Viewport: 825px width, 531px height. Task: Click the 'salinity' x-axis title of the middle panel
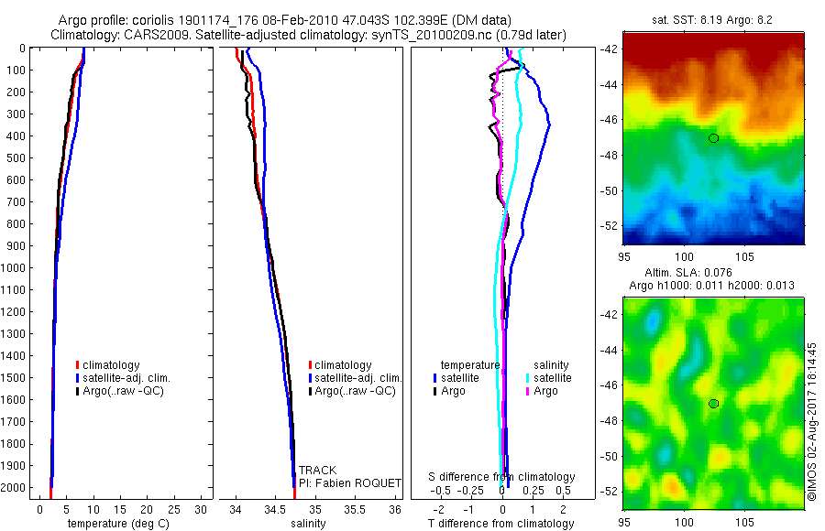click(x=308, y=524)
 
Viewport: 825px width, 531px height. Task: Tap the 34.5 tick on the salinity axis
click(x=276, y=508)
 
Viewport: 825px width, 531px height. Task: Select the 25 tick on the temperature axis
click(x=174, y=508)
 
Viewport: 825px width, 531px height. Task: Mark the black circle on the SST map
click(x=713, y=138)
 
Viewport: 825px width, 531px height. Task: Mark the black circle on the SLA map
click(x=713, y=404)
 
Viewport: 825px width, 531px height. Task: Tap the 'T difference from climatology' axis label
click(x=502, y=524)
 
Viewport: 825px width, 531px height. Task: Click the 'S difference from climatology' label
click(x=502, y=477)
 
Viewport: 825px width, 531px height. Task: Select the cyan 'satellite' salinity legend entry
click(x=551, y=378)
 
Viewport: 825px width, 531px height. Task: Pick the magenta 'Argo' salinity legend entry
click(x=544, y=391)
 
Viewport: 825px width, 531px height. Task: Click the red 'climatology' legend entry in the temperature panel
click(x=112, y=365)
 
